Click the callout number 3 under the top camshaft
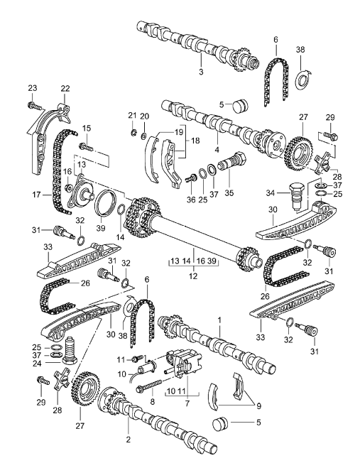click(201, 72)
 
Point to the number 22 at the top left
click(65, 88)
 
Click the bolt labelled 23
click(33, 107)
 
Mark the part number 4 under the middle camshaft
click(217, 151)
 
